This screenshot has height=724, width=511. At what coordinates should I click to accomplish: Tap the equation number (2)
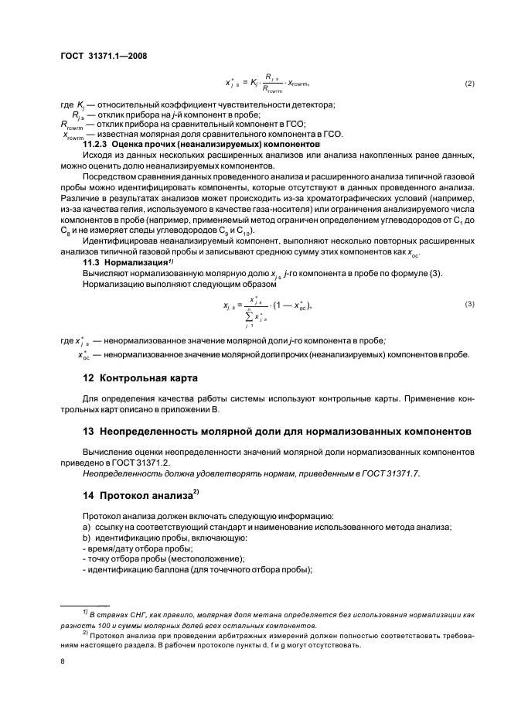pyautogui.click(x=469, y=84)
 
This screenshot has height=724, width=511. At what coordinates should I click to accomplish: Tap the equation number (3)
pyautogui.click(x=469, y=303)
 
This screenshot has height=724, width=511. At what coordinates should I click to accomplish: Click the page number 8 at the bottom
pyautogui.click(x=62, y=661)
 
